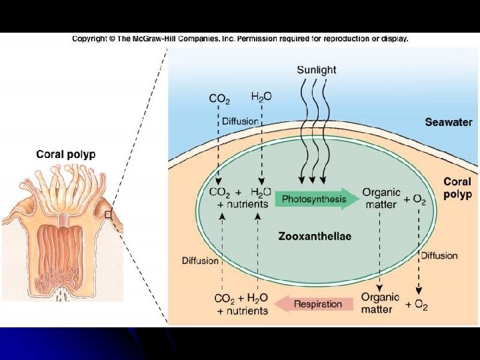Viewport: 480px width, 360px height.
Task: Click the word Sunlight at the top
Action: click(316, 69)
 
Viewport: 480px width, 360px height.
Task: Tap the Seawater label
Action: click(448, 122)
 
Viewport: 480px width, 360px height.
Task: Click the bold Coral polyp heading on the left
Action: click(65, 154)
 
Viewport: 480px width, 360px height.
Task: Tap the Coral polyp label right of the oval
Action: click(457, 187)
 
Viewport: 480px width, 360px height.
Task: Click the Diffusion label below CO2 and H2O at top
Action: click(240, 121)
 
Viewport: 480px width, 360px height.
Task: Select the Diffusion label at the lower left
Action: click(200, 261)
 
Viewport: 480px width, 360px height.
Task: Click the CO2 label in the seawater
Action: click(219, 99)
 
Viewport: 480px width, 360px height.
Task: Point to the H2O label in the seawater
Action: click(261, 97)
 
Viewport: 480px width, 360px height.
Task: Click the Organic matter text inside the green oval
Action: click(381, 199)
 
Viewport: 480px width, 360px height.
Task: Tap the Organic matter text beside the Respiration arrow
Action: click(380, 303)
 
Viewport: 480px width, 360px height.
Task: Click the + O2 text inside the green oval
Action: click(415, 200)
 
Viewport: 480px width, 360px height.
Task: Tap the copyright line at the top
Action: click(240, 39)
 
